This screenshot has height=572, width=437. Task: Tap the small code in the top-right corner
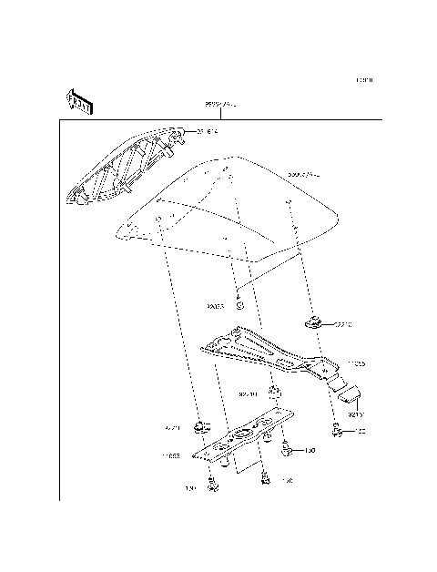tap(365, 81)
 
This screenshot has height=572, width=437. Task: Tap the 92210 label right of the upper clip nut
tap(341, 323)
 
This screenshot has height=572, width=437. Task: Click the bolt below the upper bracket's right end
tap(338, 428)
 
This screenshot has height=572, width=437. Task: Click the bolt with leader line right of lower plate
tap(288, 448)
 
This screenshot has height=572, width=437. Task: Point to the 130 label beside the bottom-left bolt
tap(190, 489)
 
